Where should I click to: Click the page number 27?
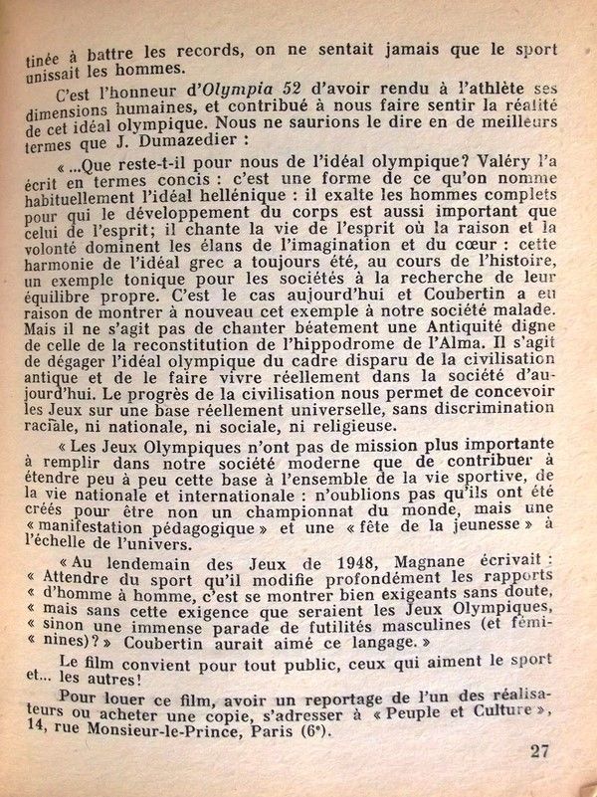[539, 751]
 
